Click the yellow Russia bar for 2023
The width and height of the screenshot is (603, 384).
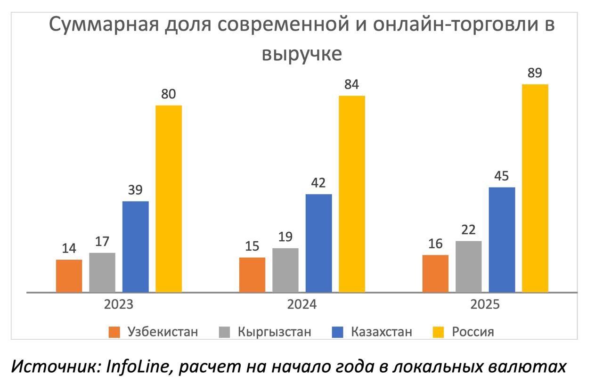pyautogui.click(x=169, y=198)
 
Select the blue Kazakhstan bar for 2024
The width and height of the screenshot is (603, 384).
pyautogui.click(x=318, y=243)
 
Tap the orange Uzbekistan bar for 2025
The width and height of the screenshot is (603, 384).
pyautogui.click(x=435, y=273)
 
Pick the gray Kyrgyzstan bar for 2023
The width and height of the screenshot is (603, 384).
pyautogui.click(x=102, y=272)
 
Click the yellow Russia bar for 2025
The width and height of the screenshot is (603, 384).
pyautogui.click(x=535, y=188)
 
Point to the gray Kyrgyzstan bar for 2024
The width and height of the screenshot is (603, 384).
pyautogui.click(x=285, y=270)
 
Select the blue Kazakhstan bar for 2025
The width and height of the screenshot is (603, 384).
pyautogui.click(x=502, y=240)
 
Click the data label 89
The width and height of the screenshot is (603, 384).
pyautogui.click(x=535, y=74)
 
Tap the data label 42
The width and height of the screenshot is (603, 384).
pyautogui.click(x=318, y=183)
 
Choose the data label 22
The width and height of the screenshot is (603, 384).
pyautogui.click(x=469, y=230)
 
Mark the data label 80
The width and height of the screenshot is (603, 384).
pyautogui.click(x=169, y=94)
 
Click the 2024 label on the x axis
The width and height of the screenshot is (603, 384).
pyautogui.click(x=302, y=304)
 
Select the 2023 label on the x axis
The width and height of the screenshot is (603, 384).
pyautogui.click(x=119, y=304)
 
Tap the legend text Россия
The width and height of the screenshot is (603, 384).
pyautogui.click(x=473, y=332)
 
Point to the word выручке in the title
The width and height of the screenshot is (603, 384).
pyautogui.click(x=302, y=54)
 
